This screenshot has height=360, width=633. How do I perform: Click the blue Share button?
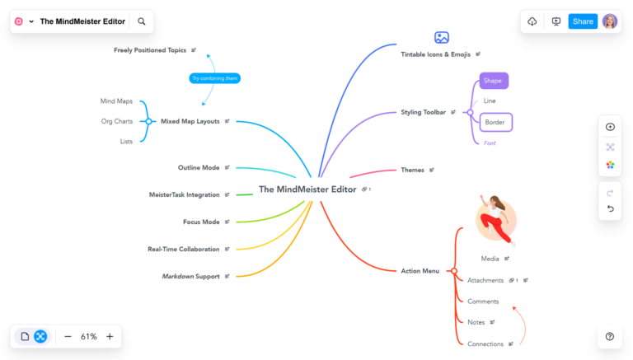(x=583, y=21)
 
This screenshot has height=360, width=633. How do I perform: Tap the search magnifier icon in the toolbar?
(x=142, y=21)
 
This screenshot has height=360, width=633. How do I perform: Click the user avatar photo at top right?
(x=610, y=21)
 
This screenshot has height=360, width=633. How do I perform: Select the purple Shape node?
(x=494, y=81)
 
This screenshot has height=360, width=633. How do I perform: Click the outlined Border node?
(x=495, y=122)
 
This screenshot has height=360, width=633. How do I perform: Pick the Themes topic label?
(x=412, y=170)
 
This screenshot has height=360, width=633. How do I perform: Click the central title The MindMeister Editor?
(x=307, y=189)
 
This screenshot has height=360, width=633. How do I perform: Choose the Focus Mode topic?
(x=201, y=222)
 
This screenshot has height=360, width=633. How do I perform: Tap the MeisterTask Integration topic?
(x=184, y=194)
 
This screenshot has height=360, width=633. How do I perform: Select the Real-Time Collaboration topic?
(x=183, y=249)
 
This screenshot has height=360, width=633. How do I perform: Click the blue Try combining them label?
(x=214, y=78)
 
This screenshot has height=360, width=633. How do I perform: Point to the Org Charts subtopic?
(x=117, y=121)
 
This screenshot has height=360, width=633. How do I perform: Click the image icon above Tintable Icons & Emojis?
(x=442, y=37)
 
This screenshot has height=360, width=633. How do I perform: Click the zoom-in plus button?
(x=110, y=336)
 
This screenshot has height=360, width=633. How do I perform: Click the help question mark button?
(x=610, y=336)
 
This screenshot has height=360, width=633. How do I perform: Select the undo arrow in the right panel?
(x=610, y=208)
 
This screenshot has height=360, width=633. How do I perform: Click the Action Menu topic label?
(x=420, y=271)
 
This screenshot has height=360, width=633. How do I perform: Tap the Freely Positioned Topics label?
(x=150, y=50)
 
